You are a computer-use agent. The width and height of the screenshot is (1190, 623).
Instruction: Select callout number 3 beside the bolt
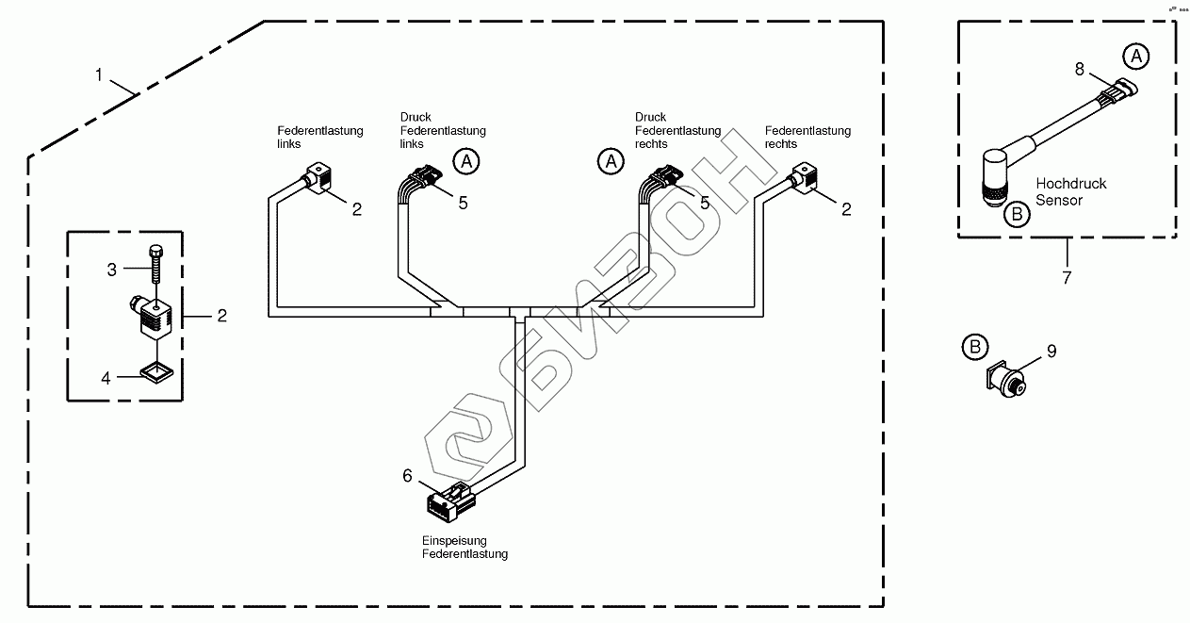click(x=111, y=270)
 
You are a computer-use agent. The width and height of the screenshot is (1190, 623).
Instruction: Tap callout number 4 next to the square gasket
click(x=106, y=378)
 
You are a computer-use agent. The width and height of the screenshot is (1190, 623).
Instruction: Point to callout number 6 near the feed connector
click(x=408, y=476)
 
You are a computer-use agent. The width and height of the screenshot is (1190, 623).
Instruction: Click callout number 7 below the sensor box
click(x=1068, y=278)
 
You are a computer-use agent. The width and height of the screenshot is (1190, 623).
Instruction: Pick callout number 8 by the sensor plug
click(x=1080, y=69)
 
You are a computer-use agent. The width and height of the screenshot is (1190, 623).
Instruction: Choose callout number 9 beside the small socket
click(x=1051, y=352)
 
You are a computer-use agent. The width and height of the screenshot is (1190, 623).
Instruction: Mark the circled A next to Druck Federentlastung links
click(x=465, y=161)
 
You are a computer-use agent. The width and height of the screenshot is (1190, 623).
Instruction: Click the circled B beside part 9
click(x=973, y=347)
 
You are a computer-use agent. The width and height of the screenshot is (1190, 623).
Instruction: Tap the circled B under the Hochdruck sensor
click(x=1017, y=214)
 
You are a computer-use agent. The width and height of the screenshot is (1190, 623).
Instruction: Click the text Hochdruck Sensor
click(x=1070, y=191)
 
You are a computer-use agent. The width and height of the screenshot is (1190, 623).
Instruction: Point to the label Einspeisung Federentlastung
click(x=464, y=548)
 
